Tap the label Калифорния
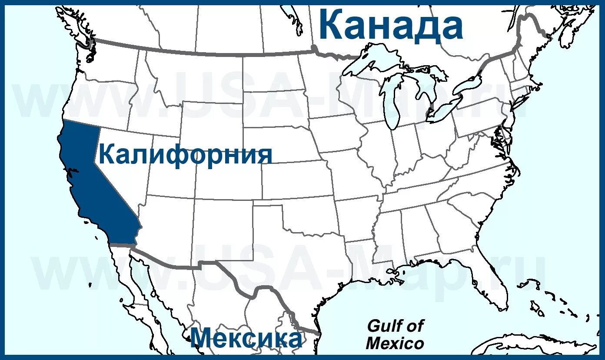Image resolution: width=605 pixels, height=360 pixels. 186,155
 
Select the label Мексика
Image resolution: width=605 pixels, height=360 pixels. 246,338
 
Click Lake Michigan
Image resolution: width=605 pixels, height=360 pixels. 391,104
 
